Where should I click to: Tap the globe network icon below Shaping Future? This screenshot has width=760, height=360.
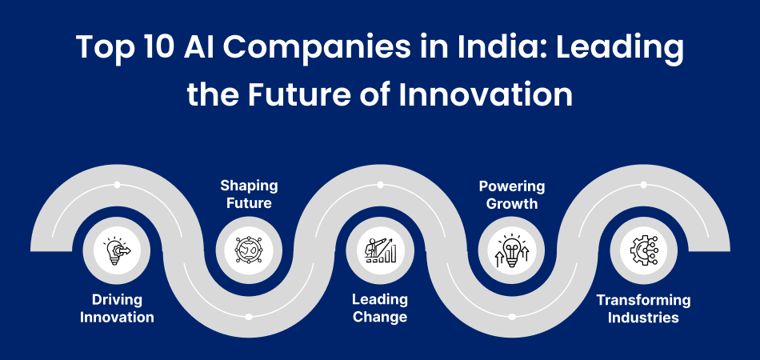pos(248,250)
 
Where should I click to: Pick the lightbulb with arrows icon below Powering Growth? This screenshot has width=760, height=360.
pos(512,250)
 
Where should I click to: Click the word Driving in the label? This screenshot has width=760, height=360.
pos(116,300)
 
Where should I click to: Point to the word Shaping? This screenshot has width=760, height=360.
pos(249,186)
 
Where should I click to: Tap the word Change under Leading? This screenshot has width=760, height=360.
pos(380,318)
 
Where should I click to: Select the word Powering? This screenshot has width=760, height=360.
pos(512,186)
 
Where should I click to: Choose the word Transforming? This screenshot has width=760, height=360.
pos(643,300)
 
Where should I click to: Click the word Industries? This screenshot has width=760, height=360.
pos(643,318)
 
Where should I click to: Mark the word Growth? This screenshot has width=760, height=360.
pos(512,204)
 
